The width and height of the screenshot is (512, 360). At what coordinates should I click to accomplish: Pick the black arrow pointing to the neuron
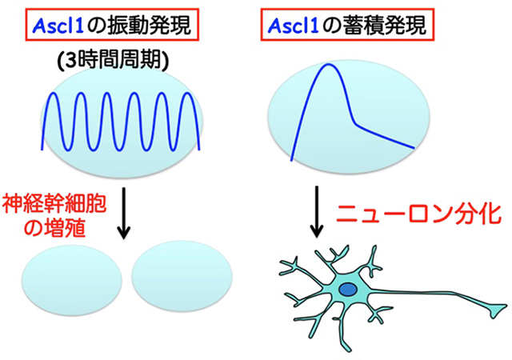tap(318, 212)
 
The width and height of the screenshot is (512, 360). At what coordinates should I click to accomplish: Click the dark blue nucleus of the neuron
tap(347, 290)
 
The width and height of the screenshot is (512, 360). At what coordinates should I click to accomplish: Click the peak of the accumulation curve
tap(327, 66)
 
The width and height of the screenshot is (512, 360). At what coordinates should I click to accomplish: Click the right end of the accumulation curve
tap(414, 148)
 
